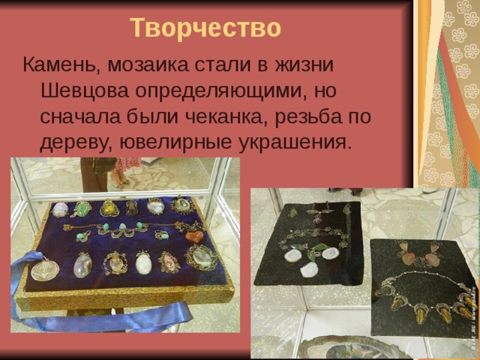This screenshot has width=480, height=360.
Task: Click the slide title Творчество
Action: pyautogui.click(x=205, y=28)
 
